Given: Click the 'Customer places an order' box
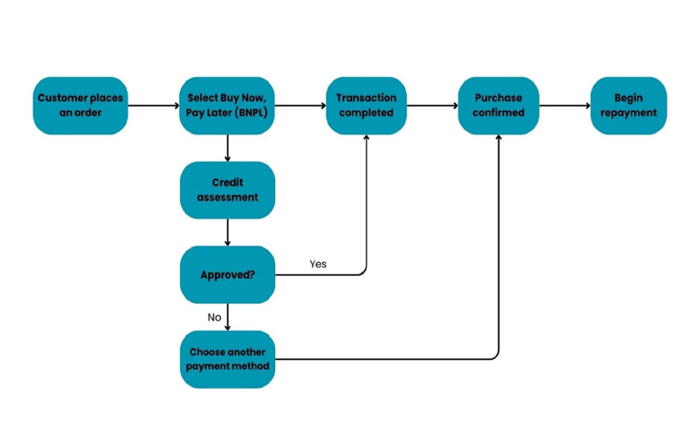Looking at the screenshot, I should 80,105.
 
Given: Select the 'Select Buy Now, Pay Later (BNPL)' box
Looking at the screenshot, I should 227,105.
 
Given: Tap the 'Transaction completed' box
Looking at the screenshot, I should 366,105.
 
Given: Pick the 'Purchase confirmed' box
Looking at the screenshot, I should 498,105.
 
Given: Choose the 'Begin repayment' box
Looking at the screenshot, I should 628,105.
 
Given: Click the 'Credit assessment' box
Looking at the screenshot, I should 228,190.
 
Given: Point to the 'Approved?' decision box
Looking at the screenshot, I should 228,275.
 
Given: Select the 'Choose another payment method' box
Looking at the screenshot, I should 228,359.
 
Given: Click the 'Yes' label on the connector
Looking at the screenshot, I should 318,264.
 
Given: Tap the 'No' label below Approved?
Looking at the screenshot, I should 214,317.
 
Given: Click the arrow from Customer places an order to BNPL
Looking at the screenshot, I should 153,105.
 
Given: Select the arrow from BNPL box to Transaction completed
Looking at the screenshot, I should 300,105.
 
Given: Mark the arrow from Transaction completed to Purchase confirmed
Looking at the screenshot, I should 432,105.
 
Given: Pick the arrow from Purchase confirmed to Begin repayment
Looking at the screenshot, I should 564,105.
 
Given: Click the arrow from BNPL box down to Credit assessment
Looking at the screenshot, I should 228,148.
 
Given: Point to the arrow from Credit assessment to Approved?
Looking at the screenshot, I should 228,232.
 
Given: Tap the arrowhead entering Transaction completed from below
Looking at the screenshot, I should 366,138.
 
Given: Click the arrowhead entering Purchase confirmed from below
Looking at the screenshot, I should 499,138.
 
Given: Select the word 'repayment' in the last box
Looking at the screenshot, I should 628,113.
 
